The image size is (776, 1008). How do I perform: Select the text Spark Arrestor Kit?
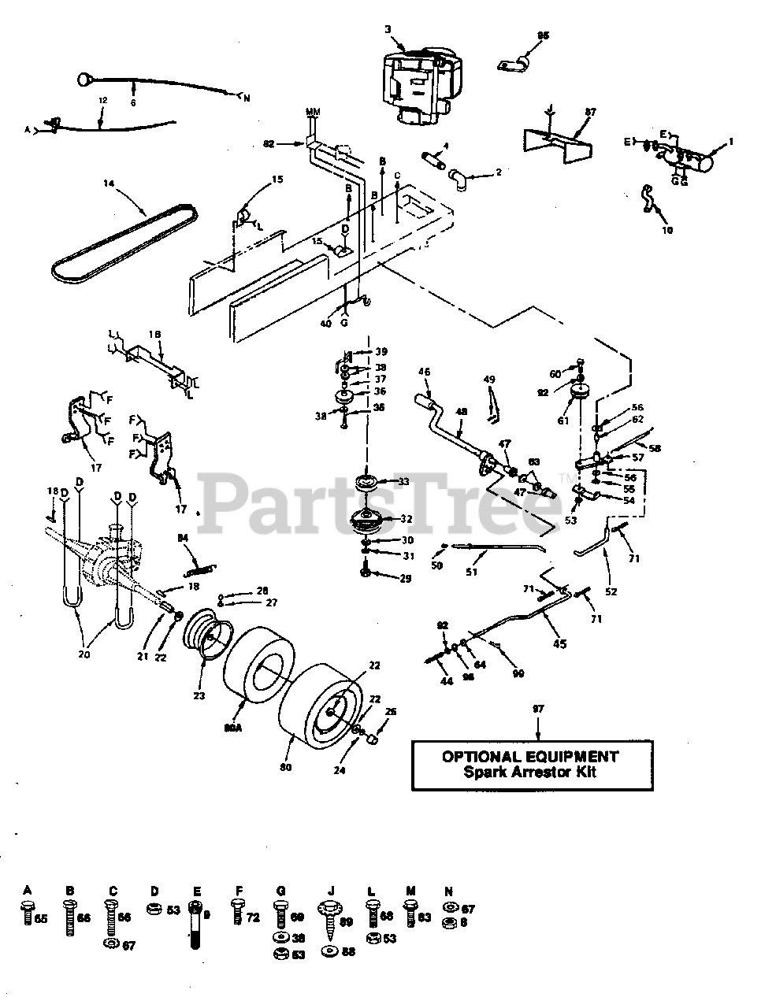[529, 773]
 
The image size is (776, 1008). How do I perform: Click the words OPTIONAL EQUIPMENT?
[529, 756]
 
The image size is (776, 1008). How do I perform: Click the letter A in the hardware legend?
[28, 891]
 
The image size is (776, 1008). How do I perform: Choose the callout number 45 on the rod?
[560, 643]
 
